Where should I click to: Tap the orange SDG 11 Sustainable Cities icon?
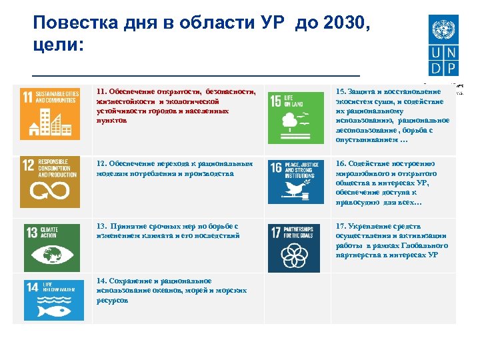point(50,113)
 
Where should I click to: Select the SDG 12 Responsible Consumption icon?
point(50,183)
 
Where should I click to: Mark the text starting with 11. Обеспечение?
point(175,105)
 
